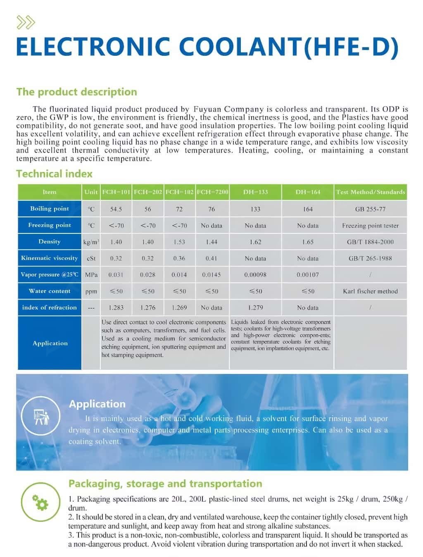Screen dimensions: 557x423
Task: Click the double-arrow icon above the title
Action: coord(26,22)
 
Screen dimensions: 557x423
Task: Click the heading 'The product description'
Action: coord(76,92)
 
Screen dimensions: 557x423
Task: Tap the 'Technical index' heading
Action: coord(54,174)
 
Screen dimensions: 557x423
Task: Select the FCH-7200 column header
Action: coord(212,192)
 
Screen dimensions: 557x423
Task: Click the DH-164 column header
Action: coord(308,192)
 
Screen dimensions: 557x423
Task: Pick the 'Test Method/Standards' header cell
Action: coord(370,192)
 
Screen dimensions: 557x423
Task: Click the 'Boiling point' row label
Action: coord(50,209)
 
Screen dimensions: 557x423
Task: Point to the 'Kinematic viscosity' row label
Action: coord(50,258)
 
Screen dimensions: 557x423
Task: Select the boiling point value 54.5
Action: coord(116,209)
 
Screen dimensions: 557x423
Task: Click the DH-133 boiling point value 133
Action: coord(255,209)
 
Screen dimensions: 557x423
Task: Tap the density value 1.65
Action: coord(308,242)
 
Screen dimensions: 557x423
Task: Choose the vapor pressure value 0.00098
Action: coord(255,275)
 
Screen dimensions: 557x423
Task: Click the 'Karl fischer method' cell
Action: coord(370,291)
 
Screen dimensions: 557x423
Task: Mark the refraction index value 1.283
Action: coord(116,308)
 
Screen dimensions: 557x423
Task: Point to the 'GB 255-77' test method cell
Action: coord(370,209)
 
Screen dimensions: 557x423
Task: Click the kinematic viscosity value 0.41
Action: coord(211,259)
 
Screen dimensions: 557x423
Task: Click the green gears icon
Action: coord(41,502)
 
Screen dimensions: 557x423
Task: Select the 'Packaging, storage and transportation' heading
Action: coord(165,483)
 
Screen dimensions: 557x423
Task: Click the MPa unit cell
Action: coord(91,275)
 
